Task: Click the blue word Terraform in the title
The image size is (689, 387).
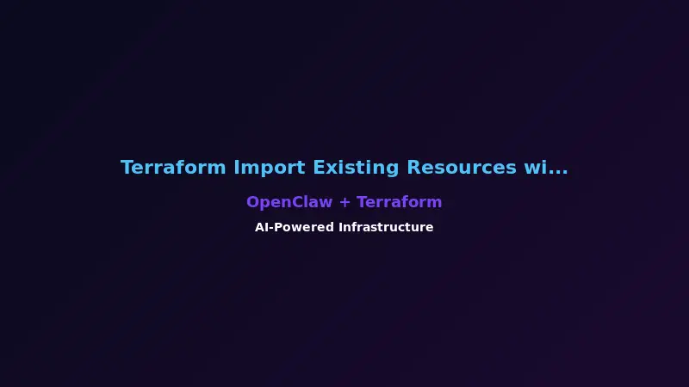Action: [174, 168]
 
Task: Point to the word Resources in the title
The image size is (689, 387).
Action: [462, 168]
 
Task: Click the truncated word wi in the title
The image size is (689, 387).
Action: [535, 168]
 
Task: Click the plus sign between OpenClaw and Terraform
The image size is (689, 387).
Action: [344, 203]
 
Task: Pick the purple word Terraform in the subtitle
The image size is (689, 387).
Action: [399, 202]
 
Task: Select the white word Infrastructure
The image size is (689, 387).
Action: [386, 227]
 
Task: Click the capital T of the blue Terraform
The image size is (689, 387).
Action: [127, 168]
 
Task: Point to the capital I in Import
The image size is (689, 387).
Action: [237, 168]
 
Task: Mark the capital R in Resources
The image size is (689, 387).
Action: [413, 168]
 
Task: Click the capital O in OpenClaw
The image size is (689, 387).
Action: [252, 202]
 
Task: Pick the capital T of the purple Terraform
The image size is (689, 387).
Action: [362, 202]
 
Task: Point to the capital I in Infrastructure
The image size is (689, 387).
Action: [340, 227]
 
